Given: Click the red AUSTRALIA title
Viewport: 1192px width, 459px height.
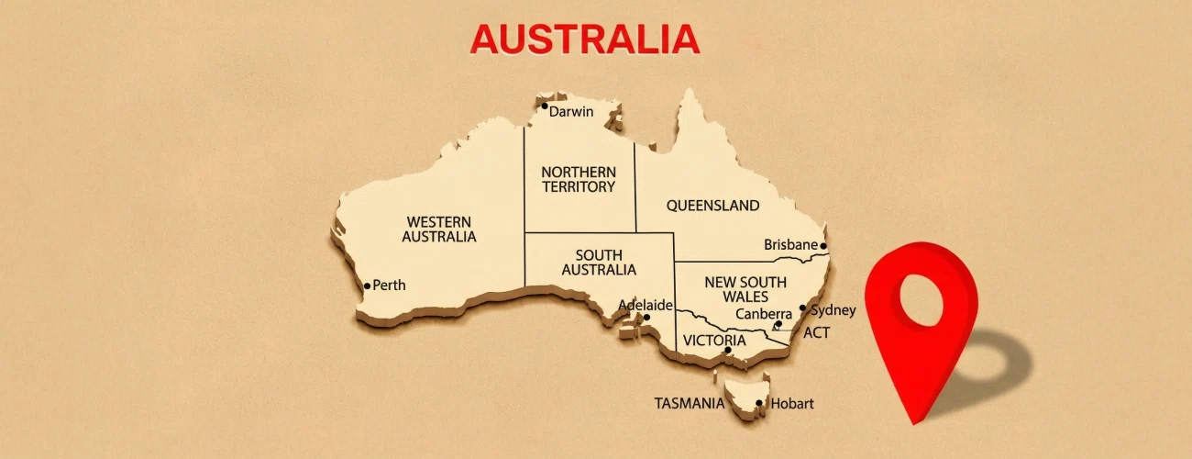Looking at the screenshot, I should (x=584, y=39).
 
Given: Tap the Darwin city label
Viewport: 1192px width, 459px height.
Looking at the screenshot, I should (x=571, y=112).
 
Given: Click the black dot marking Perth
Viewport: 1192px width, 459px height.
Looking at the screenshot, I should (x=368, y=285).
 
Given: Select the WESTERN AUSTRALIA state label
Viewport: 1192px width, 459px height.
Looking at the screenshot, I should (x=439, y=229).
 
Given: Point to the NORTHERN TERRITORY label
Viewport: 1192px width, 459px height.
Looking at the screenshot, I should (x=579, y=179).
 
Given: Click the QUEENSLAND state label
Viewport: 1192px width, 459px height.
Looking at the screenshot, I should (x=712, y=206).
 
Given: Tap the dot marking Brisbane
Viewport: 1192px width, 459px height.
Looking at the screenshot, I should (x=823, y=246).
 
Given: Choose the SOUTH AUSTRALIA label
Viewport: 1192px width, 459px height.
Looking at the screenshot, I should (x=599, y=263).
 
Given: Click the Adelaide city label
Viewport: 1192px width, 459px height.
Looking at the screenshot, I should (x=646, y=305).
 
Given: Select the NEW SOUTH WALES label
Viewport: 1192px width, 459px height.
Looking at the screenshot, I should (x=745, y=289).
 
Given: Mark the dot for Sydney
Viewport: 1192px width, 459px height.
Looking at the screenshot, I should (x=802, y=308).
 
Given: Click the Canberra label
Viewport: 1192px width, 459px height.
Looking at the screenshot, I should (x=764, y=314).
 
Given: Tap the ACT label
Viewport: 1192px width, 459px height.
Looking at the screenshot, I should (x=816, y=332).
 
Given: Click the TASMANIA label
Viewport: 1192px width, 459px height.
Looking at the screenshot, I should (x=689, y=403).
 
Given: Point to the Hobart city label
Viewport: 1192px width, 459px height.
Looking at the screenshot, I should (x=792, y=403).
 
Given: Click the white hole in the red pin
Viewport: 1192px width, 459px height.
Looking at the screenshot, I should (x=922, y=298).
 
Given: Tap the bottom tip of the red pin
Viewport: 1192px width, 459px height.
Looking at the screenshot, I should (x=913, y=423).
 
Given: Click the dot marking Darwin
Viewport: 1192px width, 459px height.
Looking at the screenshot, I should (x=544, y=106).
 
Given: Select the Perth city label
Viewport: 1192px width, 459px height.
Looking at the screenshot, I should (x=389, y=285).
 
